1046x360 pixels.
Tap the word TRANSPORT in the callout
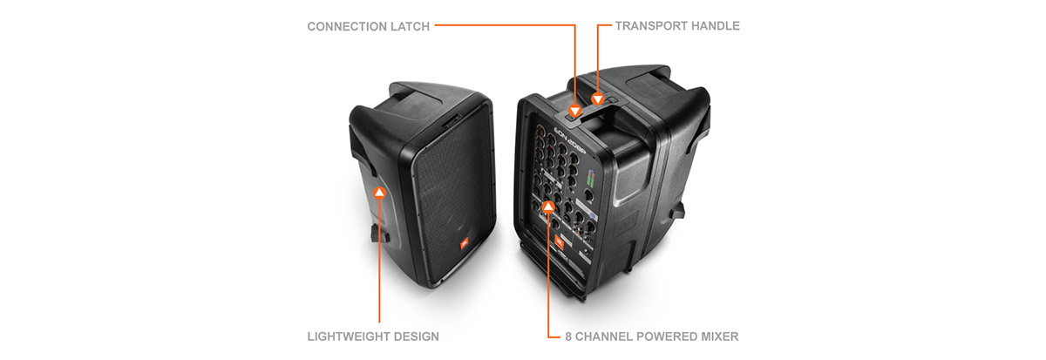[x=651, y=25]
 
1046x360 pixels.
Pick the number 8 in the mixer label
[x=568, y=336]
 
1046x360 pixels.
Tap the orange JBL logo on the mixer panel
[x=559, y=241]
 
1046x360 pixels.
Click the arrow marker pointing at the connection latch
[x=574, y=111]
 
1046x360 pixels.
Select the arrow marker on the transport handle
[x=598, y=99]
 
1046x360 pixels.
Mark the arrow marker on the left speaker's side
[x=380, y=193]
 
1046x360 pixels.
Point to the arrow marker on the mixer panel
[x=548, y=206]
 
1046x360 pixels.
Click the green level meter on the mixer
[x=591, y=179]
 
